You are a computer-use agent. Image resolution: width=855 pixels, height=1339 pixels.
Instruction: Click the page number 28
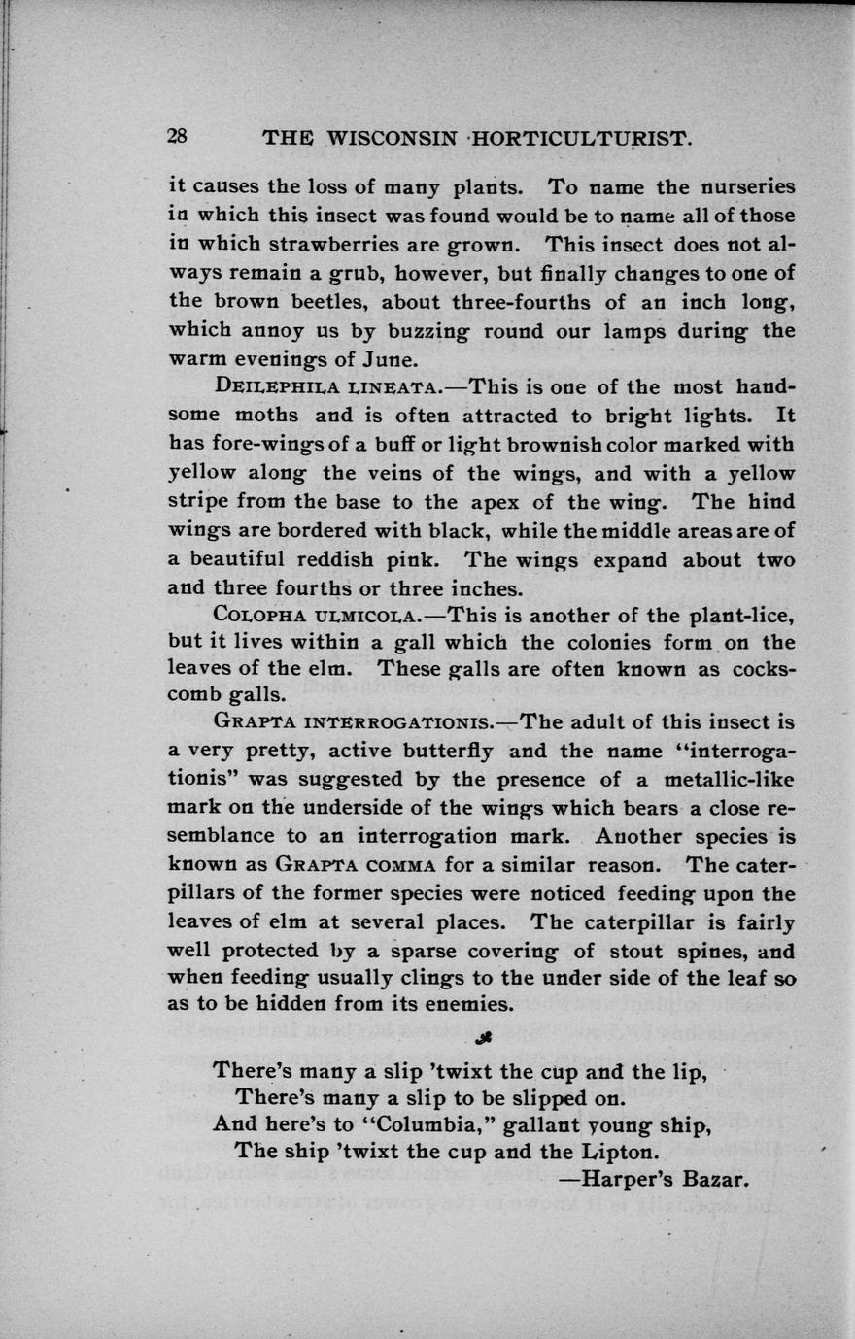[x=177, y=137]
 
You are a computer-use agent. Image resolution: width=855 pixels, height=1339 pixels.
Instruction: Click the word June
[x=393, y=359]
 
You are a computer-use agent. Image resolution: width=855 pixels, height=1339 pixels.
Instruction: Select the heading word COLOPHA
[x=255, y=615]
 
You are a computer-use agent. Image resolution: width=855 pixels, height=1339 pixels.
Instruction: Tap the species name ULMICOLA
[x=365, y=615]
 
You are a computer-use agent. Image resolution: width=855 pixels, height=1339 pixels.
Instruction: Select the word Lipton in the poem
[x=618, y=1153]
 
